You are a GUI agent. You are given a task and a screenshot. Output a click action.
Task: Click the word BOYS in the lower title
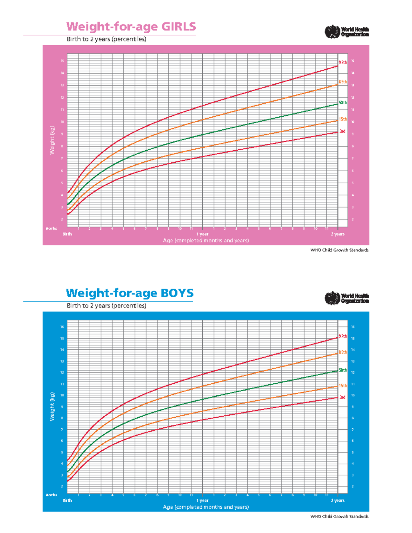tap(176, 293)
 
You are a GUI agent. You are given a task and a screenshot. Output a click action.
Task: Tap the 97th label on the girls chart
tap(343, 62)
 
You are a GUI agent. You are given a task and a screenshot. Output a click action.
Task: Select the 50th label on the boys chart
tap(343, 370)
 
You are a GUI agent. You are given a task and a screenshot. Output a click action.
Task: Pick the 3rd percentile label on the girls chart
tap(342, 131)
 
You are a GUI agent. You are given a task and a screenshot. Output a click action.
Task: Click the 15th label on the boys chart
tap(343, 386)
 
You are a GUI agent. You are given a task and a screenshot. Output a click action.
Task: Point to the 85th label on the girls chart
tap(343, 82)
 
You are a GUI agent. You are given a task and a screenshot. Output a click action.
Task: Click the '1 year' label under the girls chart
tap(202, 234)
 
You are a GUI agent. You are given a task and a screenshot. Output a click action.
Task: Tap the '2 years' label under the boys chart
tap(337, 501)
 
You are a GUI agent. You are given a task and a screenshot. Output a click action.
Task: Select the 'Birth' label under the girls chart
tap(67, 234)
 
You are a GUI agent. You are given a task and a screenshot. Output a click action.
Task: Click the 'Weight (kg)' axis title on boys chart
tap(52, 407)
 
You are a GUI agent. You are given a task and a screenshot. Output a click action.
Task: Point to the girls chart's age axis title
tap(206, 241)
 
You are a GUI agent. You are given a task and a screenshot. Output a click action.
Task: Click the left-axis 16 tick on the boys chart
tap(62, 327)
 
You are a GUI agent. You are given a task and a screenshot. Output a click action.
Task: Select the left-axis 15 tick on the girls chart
tap(62, 61)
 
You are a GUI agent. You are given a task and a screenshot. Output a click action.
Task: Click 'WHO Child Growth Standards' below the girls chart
tap(339, 250)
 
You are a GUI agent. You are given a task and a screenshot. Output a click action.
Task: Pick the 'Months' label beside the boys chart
tap(51, 495)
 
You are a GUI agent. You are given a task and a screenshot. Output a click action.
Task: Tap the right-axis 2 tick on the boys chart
tap(353, 487)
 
